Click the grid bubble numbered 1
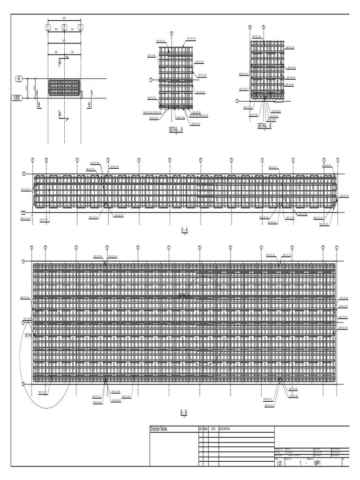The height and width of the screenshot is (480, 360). coord(48,27)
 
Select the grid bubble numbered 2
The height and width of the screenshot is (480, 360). coord(64,27)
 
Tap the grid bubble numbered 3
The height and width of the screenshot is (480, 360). coord(81,27)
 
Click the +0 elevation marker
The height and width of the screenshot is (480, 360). coord(19,79)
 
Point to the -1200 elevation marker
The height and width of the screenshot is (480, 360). coord(16,98)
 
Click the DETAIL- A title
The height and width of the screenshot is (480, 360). coord(176,129)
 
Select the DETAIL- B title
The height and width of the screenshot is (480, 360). coord(264,125)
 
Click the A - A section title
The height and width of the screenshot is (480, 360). coord(184,230)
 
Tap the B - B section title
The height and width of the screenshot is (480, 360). coord(184,412)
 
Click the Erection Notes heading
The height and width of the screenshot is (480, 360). coord(158,429)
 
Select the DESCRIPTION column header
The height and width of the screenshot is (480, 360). coord(225,429)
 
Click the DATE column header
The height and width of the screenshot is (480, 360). coord(213,429)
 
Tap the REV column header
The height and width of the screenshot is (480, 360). coord(201,429)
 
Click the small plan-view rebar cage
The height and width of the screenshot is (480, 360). coord(65,88)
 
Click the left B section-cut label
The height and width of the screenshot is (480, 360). coord(39,105)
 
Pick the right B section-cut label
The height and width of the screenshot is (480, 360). coord(89,105)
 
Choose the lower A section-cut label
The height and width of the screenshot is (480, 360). coord(60,113)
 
